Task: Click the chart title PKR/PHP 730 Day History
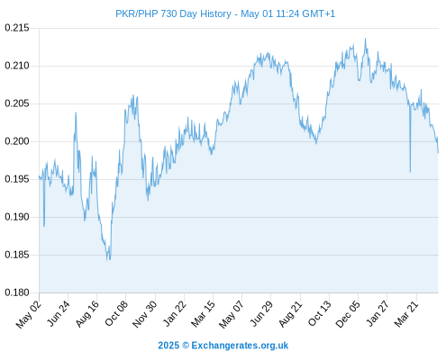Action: pyautogui.click(x=173, y=13)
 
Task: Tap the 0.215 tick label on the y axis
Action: pyautogui.click(x=17, y=28)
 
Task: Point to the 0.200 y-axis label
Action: pyautogui.click(x=17, y=141)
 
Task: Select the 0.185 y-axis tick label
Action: pyautogui.click(x=17, y=255)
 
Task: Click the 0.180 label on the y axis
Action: pyautogui.click(x=17, y=292)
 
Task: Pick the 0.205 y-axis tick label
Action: pyautogui.click(x=17, y=103)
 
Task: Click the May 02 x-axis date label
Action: pyautogui.click(x=29, y=314)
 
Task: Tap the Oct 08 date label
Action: pyautogui.click(x=116, y=313)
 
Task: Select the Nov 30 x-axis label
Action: pyautogui.click(x=145, y=314)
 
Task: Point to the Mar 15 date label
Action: pyautogui.click(x=204, y=314)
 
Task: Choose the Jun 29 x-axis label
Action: pyautogui.click(x=261, y=313)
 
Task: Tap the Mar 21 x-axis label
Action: pyautogui.click(x=406, y=314)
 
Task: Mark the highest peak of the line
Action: pyautogui.click(x=365, y=39)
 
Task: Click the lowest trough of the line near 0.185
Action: pyautogui.click(x=107, y=260)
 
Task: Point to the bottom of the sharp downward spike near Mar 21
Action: pyautogui.click(x=410, y=172)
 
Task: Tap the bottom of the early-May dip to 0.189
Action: pyautogui.click(x=44, y=226)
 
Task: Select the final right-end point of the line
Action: pyautogui.click(x=438, y=153)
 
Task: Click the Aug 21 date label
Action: pyautogui.click(x=290, y=314)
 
